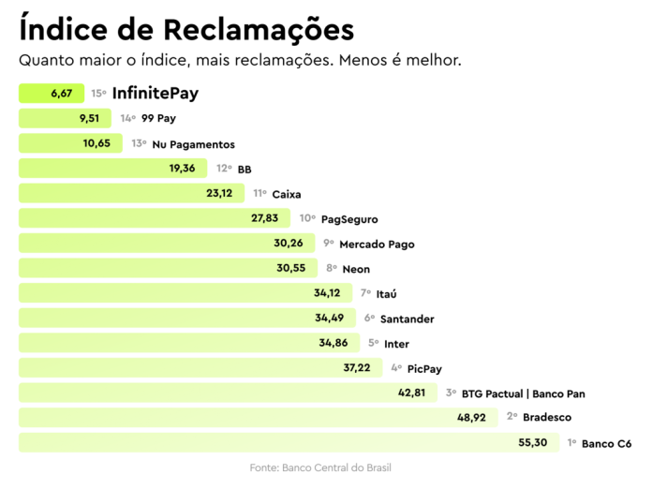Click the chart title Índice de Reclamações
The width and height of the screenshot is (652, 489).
pos(186,29)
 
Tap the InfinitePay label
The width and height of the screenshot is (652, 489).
pos(155,94)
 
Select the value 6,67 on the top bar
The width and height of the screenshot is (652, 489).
pos(62,94)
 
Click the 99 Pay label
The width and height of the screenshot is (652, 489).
pos(158,119)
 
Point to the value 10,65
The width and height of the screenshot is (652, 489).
pos(96,143)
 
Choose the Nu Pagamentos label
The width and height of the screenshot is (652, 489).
pos(193,144)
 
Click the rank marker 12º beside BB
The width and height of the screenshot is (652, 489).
pos(223,169)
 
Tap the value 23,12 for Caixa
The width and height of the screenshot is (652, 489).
pos(219,193)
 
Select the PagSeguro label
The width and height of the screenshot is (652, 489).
pos(349,219)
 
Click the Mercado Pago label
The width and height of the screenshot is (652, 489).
pos(377,244)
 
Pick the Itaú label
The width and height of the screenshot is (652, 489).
pos(387,294)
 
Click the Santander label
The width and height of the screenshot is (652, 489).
pos(407,319)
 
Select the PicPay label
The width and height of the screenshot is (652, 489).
pos(426,368)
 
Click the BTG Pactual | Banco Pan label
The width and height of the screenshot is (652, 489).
pos(523,393)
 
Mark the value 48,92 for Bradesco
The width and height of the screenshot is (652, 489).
pos(471,417)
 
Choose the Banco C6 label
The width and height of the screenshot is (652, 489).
pos(606,443)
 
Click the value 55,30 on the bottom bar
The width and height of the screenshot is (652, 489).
pos(532,442)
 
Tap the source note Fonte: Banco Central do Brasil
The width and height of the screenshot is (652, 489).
pos(325,467)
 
